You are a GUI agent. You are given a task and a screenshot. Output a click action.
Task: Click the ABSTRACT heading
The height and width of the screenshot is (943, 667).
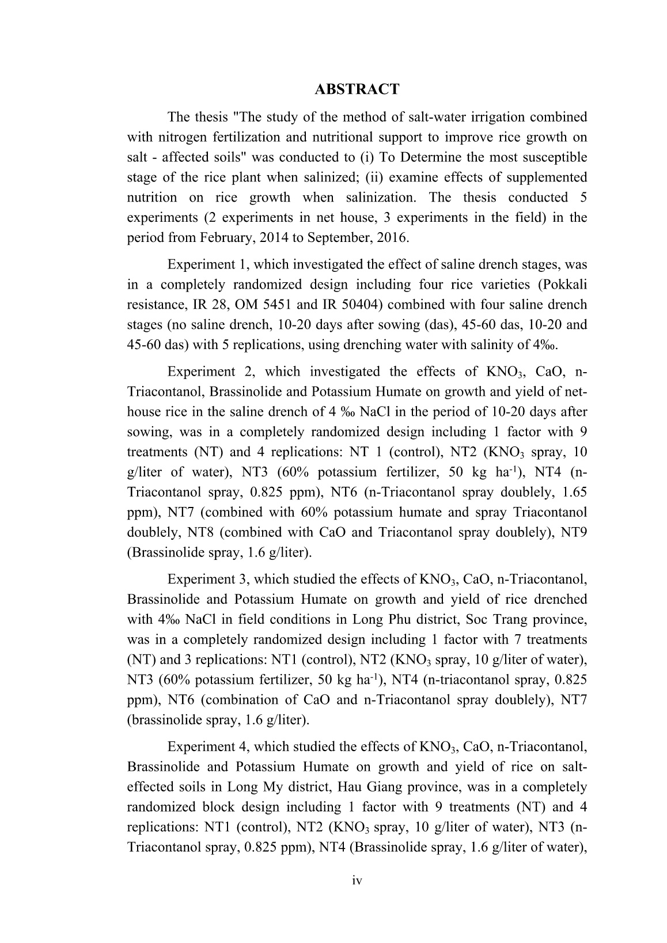357,89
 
